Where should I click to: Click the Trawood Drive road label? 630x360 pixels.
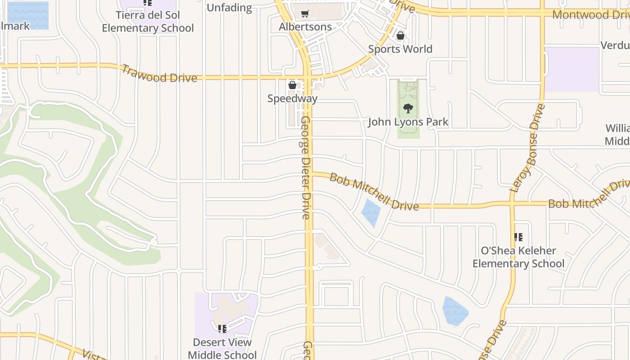pos(159,74)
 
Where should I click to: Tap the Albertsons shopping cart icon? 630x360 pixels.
pos(305,14)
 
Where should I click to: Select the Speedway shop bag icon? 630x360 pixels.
pos(292,85)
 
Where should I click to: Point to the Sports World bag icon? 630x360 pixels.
pos(400,36)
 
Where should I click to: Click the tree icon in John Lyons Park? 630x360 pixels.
pos(408,108)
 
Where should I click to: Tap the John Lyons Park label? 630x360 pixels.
pos(408,122)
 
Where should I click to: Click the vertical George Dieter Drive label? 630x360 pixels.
pos(306,167)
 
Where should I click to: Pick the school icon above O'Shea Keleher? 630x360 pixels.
pos(518,237)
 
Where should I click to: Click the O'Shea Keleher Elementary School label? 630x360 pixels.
pos(518,257)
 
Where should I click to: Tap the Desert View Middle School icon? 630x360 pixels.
pos(222,329)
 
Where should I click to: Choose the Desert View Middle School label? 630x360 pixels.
pos(222,349)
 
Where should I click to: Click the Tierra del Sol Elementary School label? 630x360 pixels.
pos(148,22)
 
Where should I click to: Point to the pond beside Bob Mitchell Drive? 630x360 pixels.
pos(371,212)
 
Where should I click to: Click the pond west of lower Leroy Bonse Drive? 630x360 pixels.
pos(455,311)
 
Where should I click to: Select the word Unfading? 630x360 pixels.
pos(229,8)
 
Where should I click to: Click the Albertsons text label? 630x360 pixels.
pos(305,27)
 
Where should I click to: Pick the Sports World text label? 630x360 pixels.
pos(400,49)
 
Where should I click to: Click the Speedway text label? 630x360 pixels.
pos(292,99)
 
